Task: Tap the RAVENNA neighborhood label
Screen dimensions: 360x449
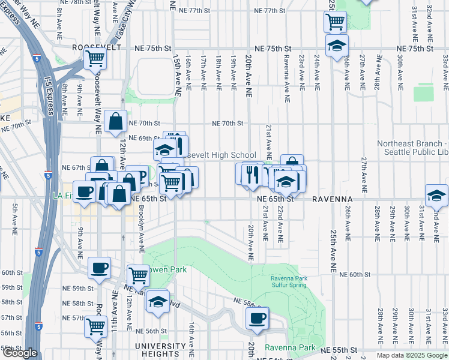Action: (331, 199)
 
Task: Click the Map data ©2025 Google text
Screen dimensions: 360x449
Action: (412, 355)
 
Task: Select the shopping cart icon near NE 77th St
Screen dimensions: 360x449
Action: (335, 22)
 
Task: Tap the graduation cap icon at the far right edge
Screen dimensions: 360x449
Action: (436, 196)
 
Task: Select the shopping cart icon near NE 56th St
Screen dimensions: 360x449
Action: (95, 326)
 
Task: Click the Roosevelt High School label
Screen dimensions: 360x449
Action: (221, 155)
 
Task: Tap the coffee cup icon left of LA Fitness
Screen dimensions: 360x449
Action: (84, 192)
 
